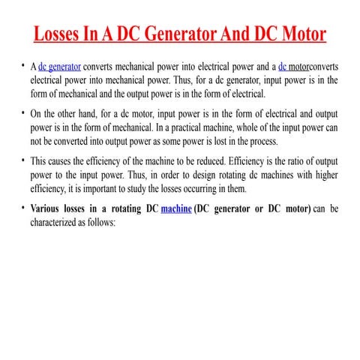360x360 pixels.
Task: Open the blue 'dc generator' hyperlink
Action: (x=60, y=66)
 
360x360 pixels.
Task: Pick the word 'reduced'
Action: (x=200, y=161)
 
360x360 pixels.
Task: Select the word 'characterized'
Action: (x=57, y=222)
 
